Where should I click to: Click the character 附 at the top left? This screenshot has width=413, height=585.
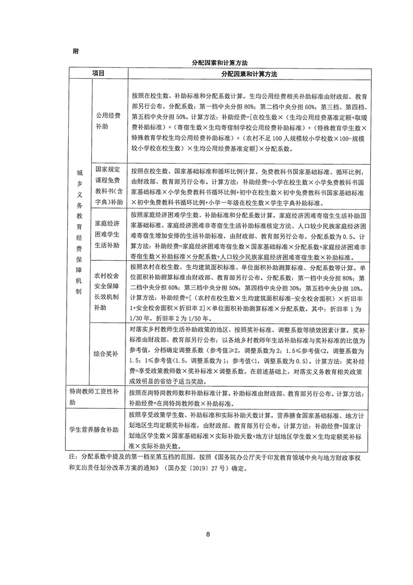[76, 51]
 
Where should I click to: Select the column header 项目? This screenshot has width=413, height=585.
[98, 74]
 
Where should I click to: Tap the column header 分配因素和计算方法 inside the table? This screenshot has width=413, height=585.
[248, 74]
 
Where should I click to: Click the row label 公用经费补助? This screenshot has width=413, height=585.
[107, 121]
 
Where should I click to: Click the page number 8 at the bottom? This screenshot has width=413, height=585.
[207, 534]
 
